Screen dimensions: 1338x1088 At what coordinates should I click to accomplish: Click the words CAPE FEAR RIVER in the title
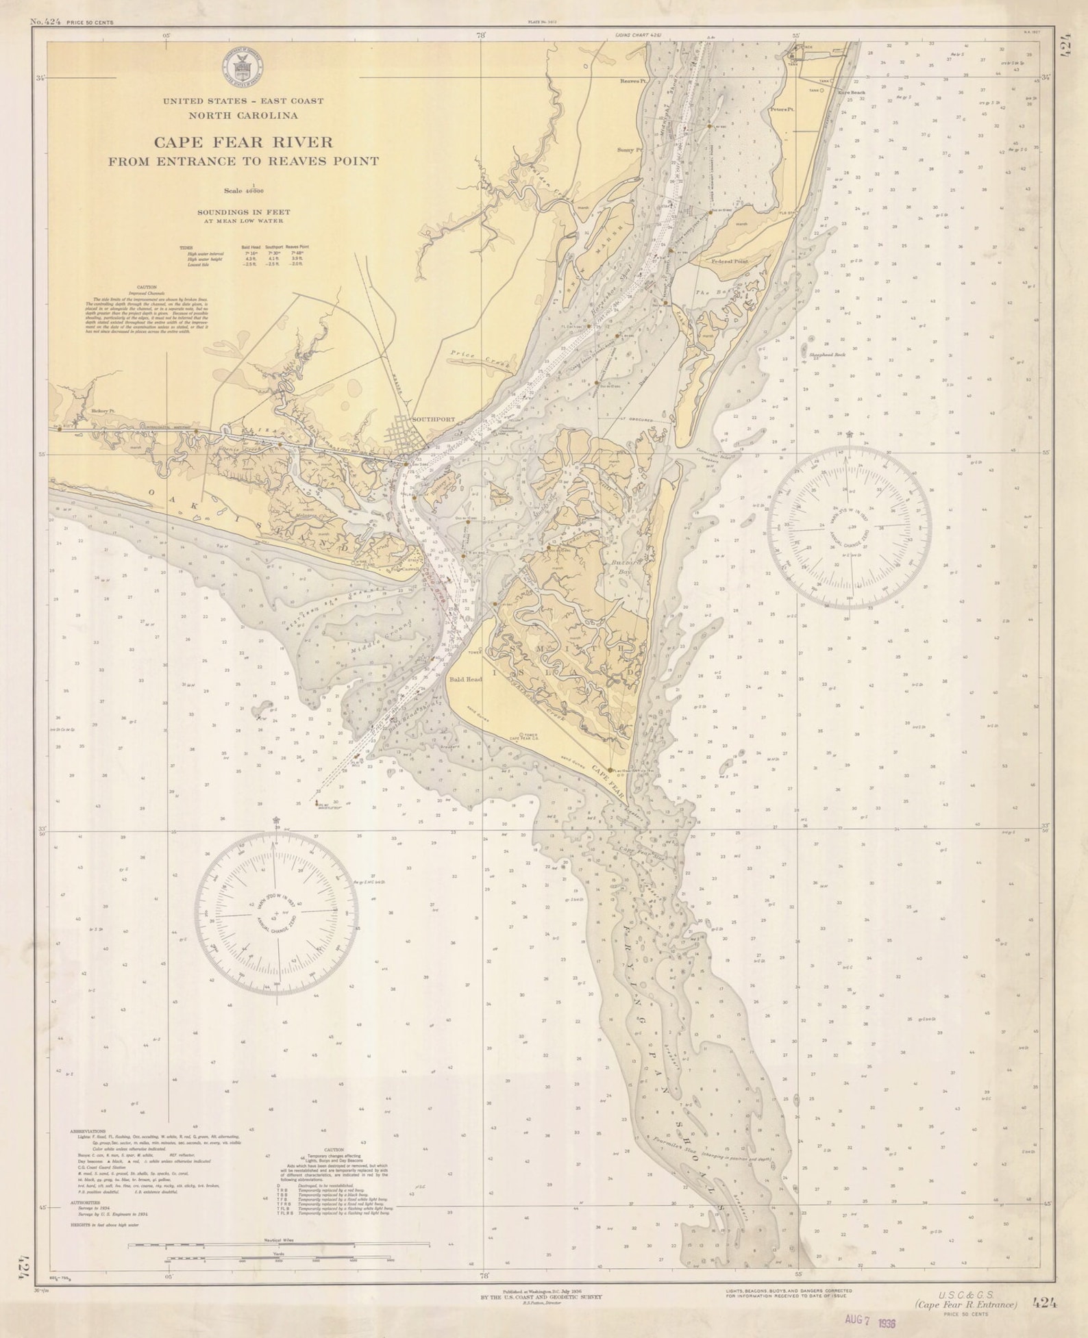coord(243,142)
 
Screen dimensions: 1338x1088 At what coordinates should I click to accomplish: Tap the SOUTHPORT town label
coord(434,419)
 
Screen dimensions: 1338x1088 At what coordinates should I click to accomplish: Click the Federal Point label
coord(730,262)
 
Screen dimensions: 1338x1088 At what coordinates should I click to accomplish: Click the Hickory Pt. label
coord(102,412)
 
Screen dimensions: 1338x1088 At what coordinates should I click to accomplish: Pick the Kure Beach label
coord(852,92)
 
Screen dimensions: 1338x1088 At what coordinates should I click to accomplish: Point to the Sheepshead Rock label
coord(828,355)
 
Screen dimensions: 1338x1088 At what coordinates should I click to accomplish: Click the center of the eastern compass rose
coord(849,527)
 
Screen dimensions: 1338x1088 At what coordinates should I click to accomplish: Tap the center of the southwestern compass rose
coord(276,914)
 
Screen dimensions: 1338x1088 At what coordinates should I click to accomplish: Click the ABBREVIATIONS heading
coord(88,1131)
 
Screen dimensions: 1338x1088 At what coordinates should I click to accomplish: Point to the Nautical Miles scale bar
coord(280,1244)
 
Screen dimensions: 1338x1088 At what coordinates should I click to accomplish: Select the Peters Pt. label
coord(781,110)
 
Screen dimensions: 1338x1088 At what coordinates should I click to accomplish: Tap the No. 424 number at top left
coord(46,22)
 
